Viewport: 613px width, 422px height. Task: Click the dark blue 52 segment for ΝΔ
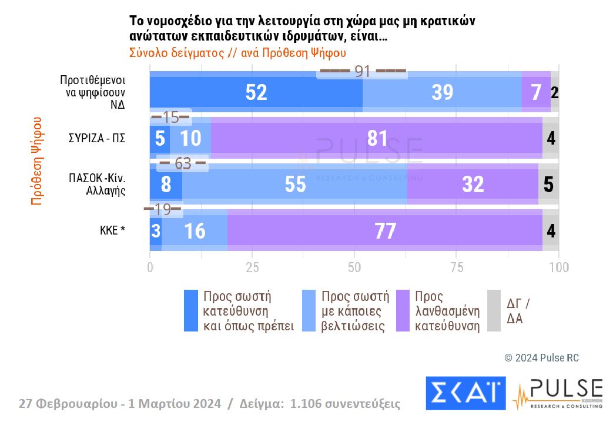256,92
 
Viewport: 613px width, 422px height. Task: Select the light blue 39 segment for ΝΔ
442,92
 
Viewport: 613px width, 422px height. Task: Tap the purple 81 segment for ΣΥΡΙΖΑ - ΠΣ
376,139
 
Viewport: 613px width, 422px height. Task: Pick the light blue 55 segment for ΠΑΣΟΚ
295,184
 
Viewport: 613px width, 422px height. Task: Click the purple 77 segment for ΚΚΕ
385,231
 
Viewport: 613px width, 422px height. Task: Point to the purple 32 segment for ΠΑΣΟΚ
473,184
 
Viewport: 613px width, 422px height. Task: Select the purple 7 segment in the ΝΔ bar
536,92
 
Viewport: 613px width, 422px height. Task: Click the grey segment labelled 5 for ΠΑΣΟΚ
548,184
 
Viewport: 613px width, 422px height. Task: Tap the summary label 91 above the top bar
362,72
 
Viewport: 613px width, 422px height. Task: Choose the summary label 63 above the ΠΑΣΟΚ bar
183,163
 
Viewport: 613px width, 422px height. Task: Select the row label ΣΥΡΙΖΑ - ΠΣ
97,139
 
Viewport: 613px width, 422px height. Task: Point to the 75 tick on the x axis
457,267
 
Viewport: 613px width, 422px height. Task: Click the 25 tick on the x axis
252,267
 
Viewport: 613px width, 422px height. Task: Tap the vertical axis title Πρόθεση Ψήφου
36,161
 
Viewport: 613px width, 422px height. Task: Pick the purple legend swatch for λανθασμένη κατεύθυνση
403,311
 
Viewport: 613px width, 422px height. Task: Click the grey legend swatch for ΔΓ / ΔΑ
494,311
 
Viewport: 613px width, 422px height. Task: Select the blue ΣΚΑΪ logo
465,393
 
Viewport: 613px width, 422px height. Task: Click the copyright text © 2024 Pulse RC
541,358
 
